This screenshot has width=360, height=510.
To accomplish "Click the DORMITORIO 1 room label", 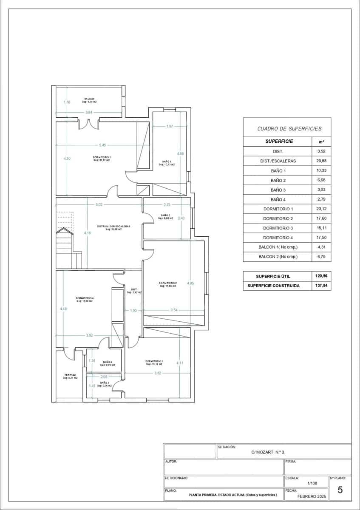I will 101,157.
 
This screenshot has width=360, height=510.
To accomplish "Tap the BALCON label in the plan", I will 89,99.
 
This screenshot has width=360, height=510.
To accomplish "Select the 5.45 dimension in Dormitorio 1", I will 102,145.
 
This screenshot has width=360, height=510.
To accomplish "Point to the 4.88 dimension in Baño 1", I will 180,153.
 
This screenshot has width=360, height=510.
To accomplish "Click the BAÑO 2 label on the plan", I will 166,215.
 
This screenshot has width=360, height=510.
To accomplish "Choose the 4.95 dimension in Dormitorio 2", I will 190,283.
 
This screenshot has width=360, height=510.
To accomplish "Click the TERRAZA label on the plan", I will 70,375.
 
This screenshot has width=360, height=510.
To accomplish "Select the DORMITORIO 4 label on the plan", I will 85,298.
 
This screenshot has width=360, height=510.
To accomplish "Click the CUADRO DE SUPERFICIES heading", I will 289,128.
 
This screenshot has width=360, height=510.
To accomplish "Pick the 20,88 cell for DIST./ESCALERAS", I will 321,161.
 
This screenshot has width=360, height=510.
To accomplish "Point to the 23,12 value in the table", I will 321,209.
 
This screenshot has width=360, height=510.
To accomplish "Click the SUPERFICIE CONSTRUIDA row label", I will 274,286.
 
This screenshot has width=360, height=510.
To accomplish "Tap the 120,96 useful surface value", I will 322,276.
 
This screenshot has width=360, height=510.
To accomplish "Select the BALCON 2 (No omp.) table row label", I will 278,257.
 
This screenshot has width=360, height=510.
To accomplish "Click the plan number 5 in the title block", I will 340,490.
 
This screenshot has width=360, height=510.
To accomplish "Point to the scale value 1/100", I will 312,483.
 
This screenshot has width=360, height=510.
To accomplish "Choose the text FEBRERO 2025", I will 312,496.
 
